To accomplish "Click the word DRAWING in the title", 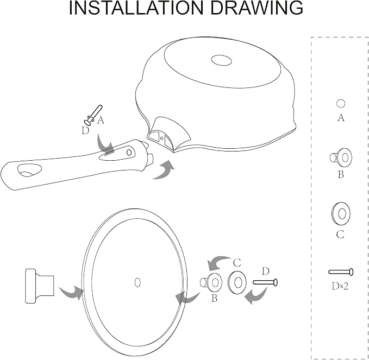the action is point(257,8).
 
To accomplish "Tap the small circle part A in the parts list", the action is point(341,104).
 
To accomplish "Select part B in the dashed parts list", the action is point(341,157).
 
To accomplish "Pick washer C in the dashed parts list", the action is point(341,214).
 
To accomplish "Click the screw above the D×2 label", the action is point(341,272).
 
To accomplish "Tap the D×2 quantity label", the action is point(340,286).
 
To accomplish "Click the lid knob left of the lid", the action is point(40,286).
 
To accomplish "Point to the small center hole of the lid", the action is point(137,282).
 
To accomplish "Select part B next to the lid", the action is point(211,283).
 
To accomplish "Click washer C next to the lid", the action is point(237,282).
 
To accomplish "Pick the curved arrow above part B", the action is point(218,262).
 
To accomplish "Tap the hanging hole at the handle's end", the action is point(30,170).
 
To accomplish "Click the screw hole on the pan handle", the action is point(129,153).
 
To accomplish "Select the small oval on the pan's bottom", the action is point(221,60).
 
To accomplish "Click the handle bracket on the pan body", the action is point(168,134).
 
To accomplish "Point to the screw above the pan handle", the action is point(93,115).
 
